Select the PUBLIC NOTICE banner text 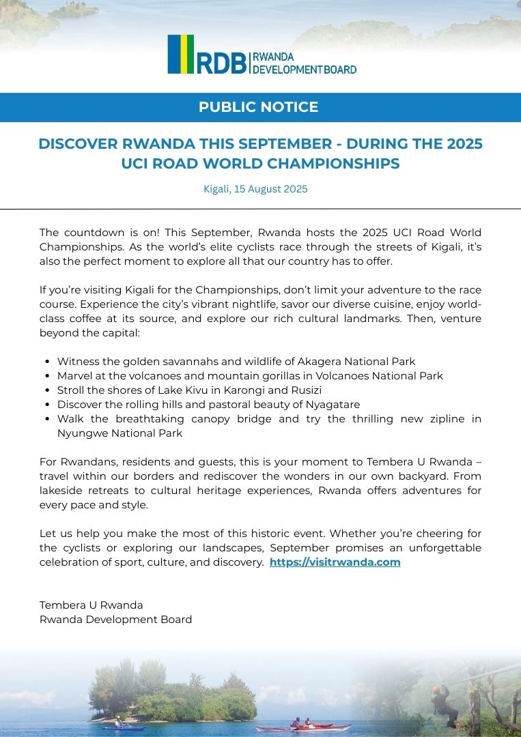pyautogui.click(x=258, y=107)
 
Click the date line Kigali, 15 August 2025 pyautogui.click(x=255, y=189)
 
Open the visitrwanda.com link pyautogui.click(x=335, y=562)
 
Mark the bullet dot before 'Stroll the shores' pyautogui.click(x=46, y=390)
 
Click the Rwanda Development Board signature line pyautogui.click(x=115, y=620)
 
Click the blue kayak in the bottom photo pyautogui.click(x=124, y=727)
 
